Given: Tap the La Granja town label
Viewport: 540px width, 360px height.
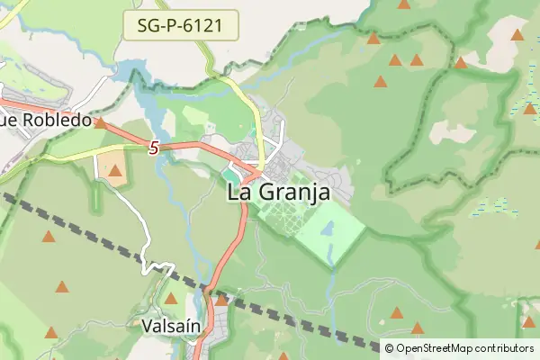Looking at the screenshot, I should pos(277,192).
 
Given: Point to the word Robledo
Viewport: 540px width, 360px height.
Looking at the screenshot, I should pos(56,120).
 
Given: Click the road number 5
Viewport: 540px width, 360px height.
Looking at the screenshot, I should pos(154,148).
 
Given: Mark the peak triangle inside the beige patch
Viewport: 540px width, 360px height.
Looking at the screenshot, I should pos(114,168).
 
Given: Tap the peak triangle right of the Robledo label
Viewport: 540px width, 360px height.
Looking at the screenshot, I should pos(101,123).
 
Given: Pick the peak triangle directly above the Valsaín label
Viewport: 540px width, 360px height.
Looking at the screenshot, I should pos(171,298).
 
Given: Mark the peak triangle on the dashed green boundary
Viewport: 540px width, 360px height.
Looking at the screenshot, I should pos(461,63).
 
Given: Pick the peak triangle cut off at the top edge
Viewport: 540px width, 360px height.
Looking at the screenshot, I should pos(404,4).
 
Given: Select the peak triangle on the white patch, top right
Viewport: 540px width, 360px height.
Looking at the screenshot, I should pos(517,35).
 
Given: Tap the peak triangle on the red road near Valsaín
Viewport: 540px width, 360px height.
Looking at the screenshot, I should pos(221,300).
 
